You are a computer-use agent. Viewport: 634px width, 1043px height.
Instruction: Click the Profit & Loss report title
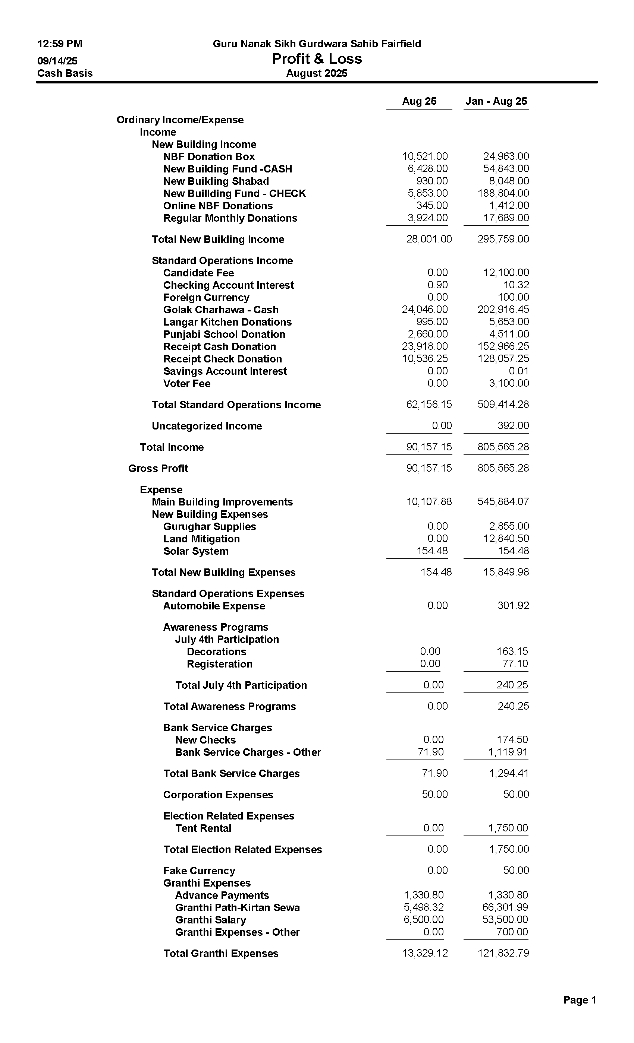(317, 59)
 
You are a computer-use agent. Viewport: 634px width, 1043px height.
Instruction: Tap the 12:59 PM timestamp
(60, 44)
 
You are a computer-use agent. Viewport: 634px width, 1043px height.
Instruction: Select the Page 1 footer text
(579, 1000)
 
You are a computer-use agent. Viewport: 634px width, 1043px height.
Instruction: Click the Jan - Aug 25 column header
(496, 101)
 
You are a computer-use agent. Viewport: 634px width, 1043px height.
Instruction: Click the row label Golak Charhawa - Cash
(221, 310)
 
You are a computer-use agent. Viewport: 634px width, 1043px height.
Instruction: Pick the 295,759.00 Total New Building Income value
(503, 239)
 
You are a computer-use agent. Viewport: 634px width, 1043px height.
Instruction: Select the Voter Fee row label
(186, 384)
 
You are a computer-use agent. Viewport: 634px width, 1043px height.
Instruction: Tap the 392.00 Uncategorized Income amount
(513, 426)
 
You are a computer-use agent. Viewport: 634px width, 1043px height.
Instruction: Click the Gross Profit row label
(158, 469)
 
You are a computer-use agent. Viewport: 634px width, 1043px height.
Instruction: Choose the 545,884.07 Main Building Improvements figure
(503, 502)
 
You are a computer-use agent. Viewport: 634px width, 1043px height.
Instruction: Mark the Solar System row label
(196, 551)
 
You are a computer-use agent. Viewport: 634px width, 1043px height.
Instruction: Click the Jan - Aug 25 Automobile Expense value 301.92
(513, 606)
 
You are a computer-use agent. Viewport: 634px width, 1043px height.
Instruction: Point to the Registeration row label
(220, 664)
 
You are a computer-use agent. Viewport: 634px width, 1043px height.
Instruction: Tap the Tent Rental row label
(203, 828)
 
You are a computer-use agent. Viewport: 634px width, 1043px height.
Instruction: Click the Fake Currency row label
(199, 871)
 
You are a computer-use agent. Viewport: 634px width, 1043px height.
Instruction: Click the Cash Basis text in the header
(65, 73)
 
